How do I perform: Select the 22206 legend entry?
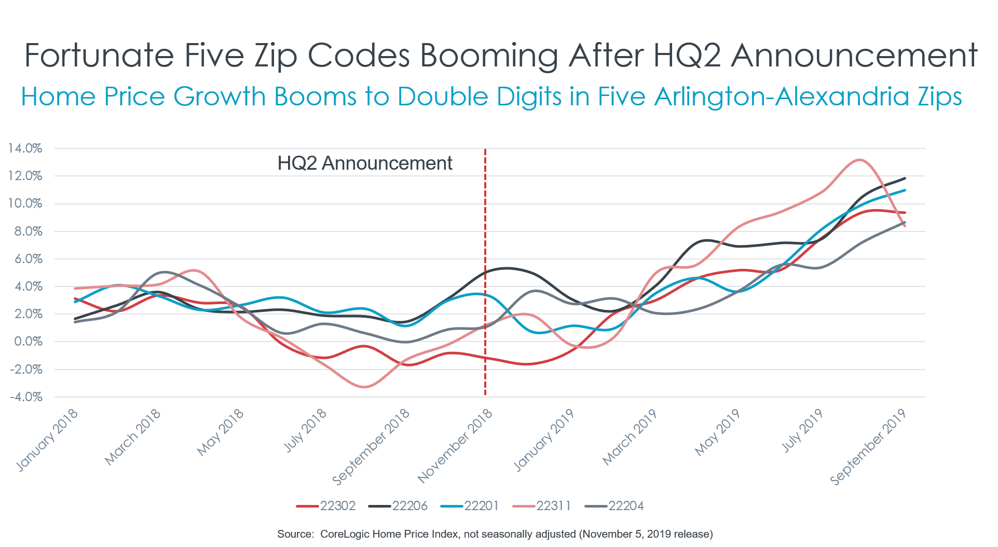pyautogui.click(x=398, y=506)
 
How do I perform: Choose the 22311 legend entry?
pyautogui.click(x=542, y=506)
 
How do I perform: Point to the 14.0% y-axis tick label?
pyautogui.click(x=25, y=148)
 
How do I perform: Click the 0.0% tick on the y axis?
pyautogui.click(x=28, y=341)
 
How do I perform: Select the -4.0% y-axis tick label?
pyautogui.click(x=26, y=397)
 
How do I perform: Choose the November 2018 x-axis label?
pyautogui.click(x=456, y=445)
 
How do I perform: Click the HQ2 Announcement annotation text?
pyautogui.click(x=365, y=163)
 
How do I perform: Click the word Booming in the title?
pyautogui.click(x=488, y=56)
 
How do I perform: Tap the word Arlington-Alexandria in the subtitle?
pyautogui.click(x=781, y=97)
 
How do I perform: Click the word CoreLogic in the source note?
pyautogui.click(x=344, y=534)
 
